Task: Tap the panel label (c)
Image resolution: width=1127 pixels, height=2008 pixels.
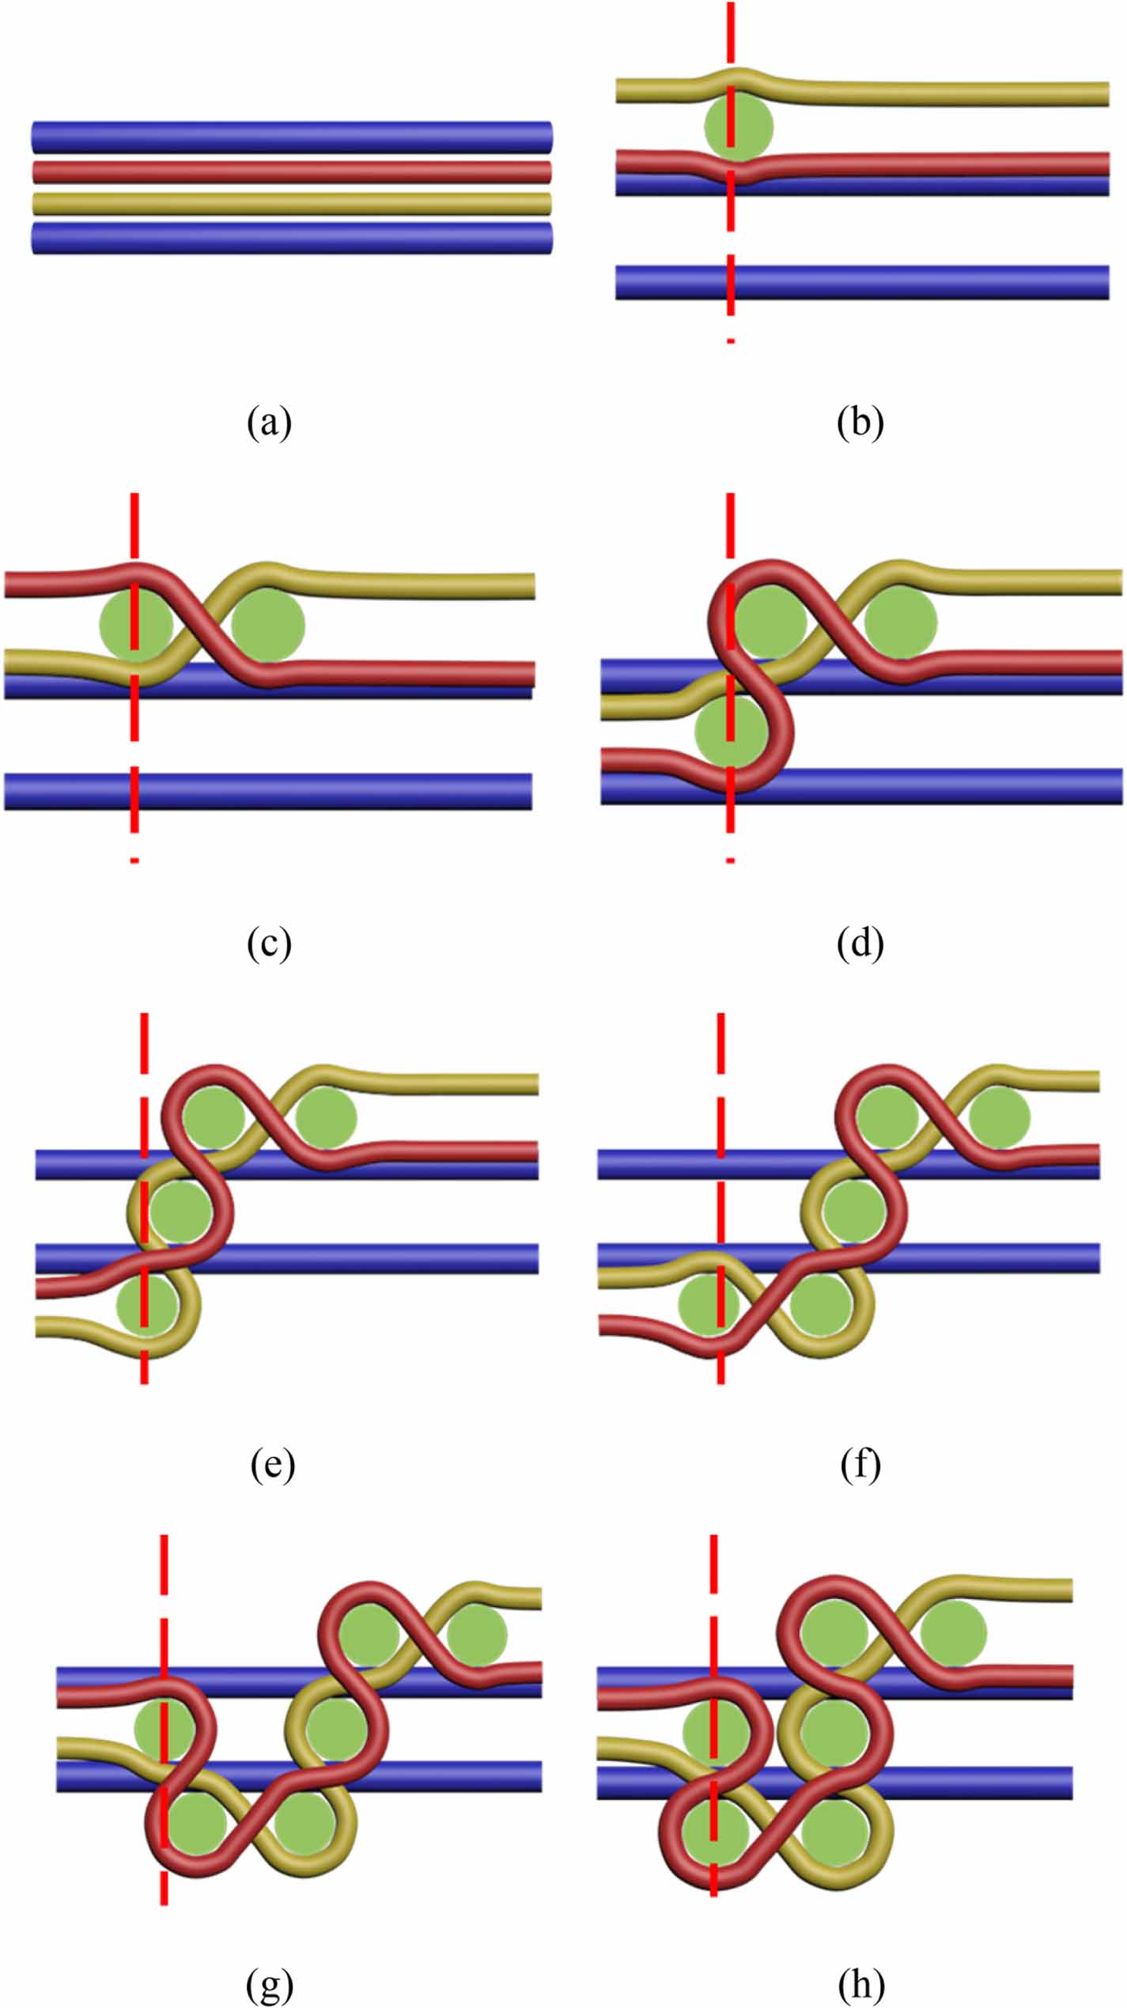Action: [x=269, y=943]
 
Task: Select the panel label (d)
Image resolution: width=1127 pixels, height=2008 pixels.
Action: [x=860, y=943]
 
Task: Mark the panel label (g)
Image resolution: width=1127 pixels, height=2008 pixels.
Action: [x=270, y=1985]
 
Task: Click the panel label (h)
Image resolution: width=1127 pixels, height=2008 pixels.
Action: [x=860, y=1985]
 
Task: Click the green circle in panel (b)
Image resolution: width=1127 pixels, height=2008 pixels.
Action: [x=739, y=126]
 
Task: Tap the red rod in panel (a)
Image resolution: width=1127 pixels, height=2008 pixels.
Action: [x=292, y=172]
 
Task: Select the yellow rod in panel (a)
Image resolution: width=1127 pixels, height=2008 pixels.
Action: [x=292, y=204]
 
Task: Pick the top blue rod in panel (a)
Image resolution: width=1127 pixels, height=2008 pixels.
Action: [x=292, y=137]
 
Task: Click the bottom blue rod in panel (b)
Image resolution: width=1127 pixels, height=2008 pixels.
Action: [x=862, y=282]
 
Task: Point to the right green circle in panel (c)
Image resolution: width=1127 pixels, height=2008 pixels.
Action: [x=268, y=625]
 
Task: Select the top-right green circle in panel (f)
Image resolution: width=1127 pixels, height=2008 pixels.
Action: [x=1000, y=1117]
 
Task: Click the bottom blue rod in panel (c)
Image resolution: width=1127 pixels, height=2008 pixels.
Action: [x=268, y=791]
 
